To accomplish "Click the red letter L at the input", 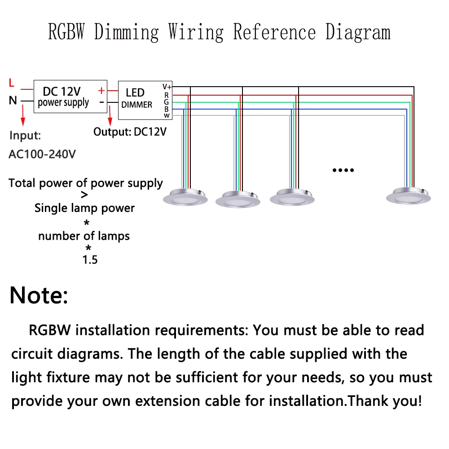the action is (x=12, y=83).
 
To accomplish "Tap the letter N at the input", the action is (x=13, y=101).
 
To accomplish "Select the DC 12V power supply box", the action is (x=70, y=97).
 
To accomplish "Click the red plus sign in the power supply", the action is (x=101, y=91).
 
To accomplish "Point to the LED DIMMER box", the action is (x=145, y=100).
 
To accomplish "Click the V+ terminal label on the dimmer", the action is (x=167, y=87).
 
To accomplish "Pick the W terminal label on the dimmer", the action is (x=167, y=116).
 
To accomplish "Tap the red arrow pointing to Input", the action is (x=23, y=115).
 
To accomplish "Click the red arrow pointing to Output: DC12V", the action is (x=110, y=115).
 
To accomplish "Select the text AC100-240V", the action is (x=42, y=154).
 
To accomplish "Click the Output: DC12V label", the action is (x=130, y=132).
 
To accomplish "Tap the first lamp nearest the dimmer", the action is (x=185, y=197).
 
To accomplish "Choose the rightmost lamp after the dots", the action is (x=408, y=196).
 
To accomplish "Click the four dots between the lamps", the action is (x=343, y=170).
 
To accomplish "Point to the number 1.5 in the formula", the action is (x=90, y=260).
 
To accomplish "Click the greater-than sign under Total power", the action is (x=84, y=195).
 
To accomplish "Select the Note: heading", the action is (x=39, y=295).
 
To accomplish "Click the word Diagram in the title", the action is (x=358, y=32).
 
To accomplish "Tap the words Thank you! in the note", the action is (x=385, y=401).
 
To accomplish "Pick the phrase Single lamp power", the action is (x=84, y=208).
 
